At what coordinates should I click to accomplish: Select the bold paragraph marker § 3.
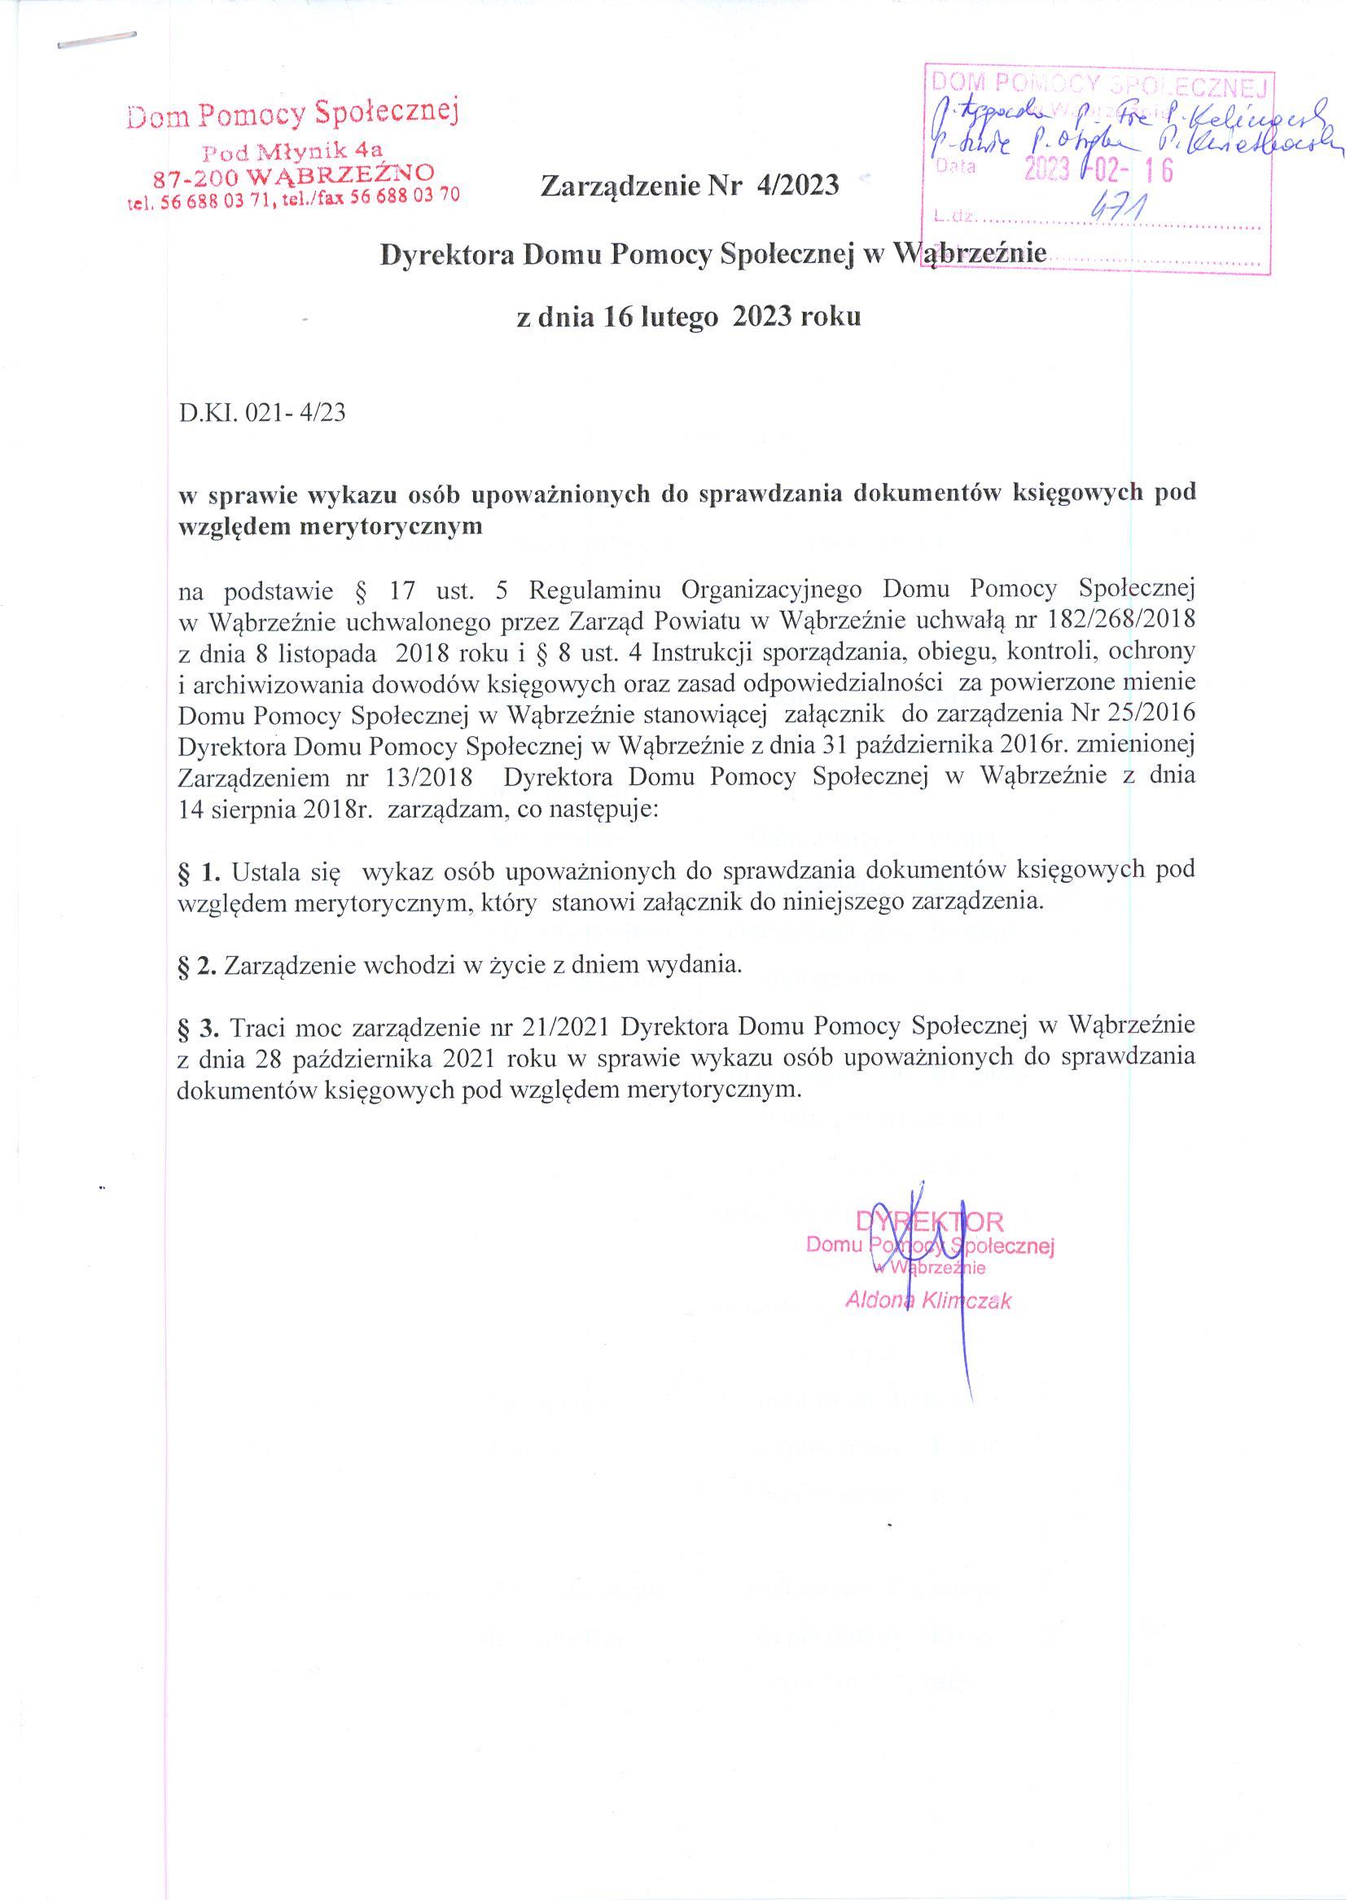(199, 1026)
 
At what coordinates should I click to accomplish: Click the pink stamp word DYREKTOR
(929, 1220)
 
